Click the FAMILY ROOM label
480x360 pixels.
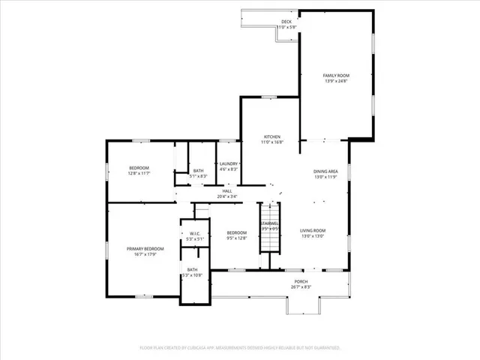[x=336, y=76]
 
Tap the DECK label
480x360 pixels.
[x=286, y=22]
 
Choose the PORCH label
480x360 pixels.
[x=301, y=281]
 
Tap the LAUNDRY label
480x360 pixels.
[x=229, y=163]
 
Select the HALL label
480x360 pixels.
[x=226, y=190]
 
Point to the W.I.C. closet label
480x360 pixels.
[x=193, y=233]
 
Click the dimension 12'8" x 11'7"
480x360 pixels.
[x=139, y=173]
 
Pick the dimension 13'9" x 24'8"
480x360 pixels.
[x=336, y=81]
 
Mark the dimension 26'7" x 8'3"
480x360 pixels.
[x=301, y=286]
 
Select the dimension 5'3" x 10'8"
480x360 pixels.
[x=192, y=275]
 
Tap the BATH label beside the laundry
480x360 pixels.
[x=198, y=170]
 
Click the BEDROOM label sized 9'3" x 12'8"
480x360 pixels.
[x=237, y=232]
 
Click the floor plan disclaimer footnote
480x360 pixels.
[x=240, y=347]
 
